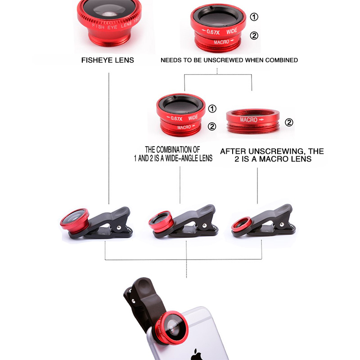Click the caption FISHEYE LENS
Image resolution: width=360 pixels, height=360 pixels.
point(108,60)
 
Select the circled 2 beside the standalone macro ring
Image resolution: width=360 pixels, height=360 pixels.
point(289,122)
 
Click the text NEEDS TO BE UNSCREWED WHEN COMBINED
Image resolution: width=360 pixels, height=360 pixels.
point(229,60)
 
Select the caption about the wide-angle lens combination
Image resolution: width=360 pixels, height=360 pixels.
point(179,153)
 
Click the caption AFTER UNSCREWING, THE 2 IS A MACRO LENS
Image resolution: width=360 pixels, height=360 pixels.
point(272,155)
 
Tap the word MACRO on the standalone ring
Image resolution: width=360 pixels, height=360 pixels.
point(249,120)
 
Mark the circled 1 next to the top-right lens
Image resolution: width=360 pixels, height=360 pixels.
point(254,17)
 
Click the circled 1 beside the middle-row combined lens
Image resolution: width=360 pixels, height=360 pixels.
point(212,108)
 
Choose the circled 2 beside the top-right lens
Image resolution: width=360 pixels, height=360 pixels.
point(254,36)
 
